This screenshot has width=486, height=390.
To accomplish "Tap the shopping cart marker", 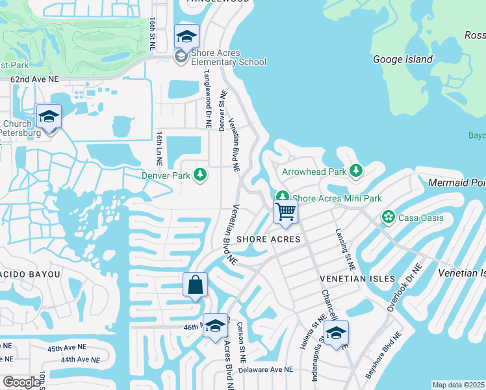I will click(x=285, y=212).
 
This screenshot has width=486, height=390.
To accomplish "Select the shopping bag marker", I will click(x=195, y=285).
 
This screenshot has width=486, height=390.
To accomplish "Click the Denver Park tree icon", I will click(x=201, y=175).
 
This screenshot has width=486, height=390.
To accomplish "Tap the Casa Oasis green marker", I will click(x=389, y=217).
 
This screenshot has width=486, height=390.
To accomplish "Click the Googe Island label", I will click(x=403, y=59).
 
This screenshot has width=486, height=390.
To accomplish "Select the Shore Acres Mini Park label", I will click(x=337, y=198).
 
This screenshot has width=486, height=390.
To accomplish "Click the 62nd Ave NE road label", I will click(x=34, y=79).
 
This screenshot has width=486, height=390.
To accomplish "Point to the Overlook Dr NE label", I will click(x=405, y=287).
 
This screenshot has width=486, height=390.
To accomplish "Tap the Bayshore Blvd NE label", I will click(x=383, y=355).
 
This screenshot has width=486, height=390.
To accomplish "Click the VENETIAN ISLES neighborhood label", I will click(x=358, y=278).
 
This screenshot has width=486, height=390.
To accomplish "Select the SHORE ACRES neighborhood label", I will click(x=268, y=239).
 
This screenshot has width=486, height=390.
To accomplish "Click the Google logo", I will click(x=21, y=382).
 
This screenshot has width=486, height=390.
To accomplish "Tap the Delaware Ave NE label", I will click(x=266, y=369).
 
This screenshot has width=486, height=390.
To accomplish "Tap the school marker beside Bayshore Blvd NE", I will click(x=336, y=334).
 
